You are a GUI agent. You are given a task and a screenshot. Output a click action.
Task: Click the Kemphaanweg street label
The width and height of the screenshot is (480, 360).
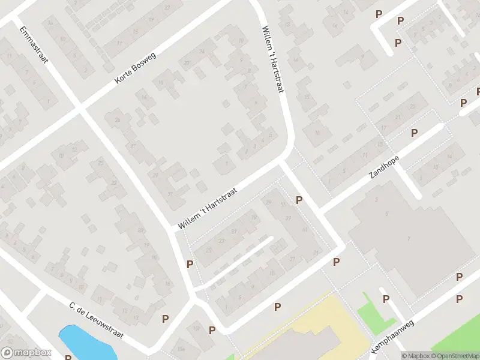point(393,339)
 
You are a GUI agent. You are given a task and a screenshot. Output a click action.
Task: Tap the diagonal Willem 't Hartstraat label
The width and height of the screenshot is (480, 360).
point(208,208)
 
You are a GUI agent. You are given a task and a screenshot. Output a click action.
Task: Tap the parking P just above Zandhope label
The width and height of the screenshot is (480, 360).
point(414,133)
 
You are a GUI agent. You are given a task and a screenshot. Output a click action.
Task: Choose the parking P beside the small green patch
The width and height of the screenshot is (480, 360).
point(386,299)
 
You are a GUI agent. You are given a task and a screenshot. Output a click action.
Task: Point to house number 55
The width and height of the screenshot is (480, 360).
point(283,203)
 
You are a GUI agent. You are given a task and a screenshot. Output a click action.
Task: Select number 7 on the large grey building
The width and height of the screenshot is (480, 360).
point(409,239)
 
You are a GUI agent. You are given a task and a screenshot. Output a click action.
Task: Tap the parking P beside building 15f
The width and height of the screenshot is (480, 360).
point(212,330)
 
